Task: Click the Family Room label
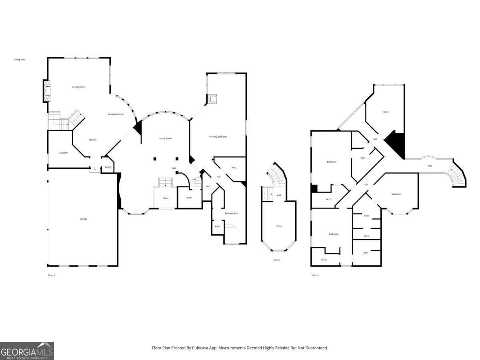(79, 87)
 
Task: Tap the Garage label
(84, 219)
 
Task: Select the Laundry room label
(64, 153)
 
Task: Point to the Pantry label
(108, 167)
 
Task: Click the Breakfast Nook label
(116, 114)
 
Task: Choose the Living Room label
(166, 138)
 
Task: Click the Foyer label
(166, 198)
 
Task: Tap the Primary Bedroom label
(218, 137)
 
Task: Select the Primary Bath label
(231, 213)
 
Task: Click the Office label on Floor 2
(279, 226)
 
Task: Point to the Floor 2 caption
(276, 260)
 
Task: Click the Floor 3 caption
(315, 275)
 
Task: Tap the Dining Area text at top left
(20, 60)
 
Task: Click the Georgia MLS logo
(27, 351)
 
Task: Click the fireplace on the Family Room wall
(47, 91)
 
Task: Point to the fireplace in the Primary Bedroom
(212, 99)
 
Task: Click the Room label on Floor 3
(386, 112)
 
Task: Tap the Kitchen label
(93, 140)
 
